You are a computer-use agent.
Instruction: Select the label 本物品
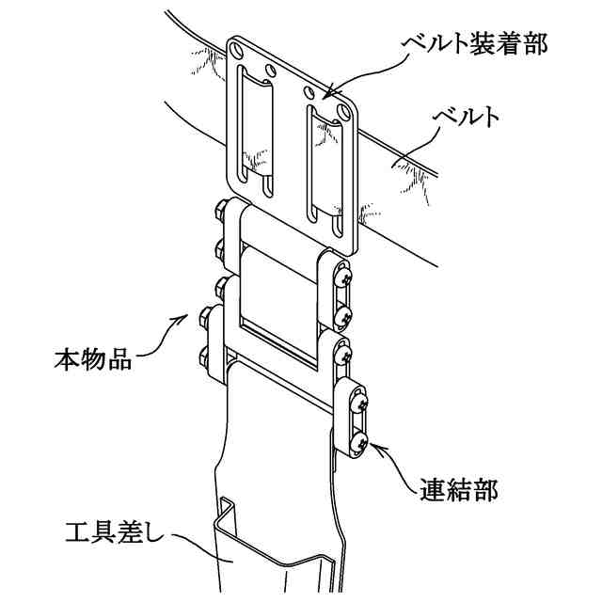[90, 358]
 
